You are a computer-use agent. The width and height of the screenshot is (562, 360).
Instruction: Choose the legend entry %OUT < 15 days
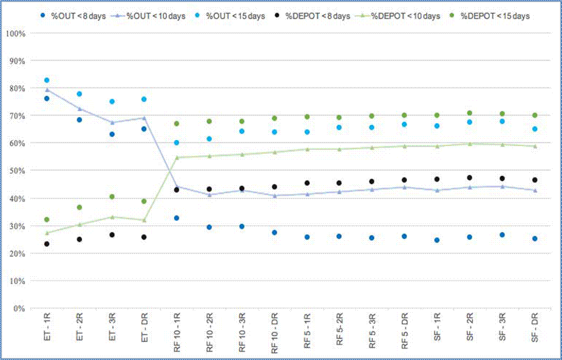pyautogui.click(x=238, y=16)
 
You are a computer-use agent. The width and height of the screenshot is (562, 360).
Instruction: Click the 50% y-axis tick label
pyautogui.click(x=17, y=171)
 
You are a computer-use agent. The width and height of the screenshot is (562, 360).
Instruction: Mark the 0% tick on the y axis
pyautogui.click(x=19, y=308)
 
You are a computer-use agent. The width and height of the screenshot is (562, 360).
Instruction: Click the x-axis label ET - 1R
pyautogui.click(x=47, y=329)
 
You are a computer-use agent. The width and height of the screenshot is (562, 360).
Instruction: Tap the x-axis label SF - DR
pyautogui.click(x=535, y=329)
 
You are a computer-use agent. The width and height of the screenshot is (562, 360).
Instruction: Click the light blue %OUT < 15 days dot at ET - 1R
pyautogui.click(x=47, y=80)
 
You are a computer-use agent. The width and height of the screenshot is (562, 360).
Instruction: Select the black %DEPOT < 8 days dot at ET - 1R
pyautogui.click(x=47, y=244)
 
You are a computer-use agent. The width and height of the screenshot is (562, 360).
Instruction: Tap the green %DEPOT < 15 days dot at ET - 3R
pyautogui.click(x=112, y=197)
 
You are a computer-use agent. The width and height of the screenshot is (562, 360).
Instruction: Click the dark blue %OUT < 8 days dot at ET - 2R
pyautogui.click(x=79, y=120)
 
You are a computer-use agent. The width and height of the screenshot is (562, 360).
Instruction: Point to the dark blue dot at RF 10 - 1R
pyautogui.click(x=177, y=218)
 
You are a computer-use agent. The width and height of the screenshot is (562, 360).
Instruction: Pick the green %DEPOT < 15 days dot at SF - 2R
pyautogui.click(x=469, y=113)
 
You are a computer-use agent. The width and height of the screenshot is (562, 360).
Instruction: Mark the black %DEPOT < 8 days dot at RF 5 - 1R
pyautogui.click(x=307, y=183)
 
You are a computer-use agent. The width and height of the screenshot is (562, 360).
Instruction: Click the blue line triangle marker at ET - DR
pyautogui.click(x=144, y=118)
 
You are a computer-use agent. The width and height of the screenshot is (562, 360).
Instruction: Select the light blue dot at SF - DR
pyautogui.click(x=535, y=129)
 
